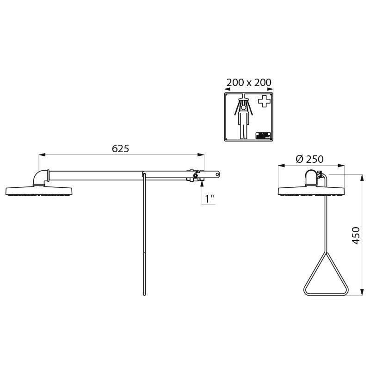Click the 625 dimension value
[x=120, y=148]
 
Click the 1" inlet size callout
[x=210, y=199]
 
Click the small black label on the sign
[x=262, y=135]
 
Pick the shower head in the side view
[x=39, y=191]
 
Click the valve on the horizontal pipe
[x=195, y=176]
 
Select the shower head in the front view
[x=311, y=191]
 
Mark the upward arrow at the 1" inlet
[x=202, y=184]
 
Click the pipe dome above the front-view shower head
[x=311, y=177]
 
